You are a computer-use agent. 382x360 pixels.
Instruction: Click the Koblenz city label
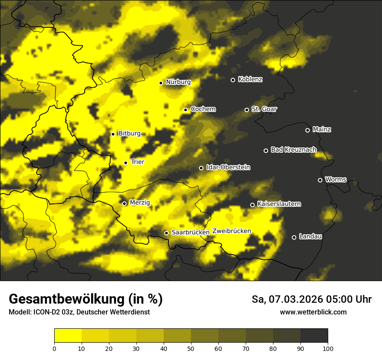point(250,79)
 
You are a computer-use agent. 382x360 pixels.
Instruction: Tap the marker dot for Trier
point(126,163)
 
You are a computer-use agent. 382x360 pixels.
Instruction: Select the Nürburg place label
point(178,82)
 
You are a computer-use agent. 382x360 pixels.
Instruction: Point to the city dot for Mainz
point(307,130)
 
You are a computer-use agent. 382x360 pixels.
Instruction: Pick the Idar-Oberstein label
point(228,167)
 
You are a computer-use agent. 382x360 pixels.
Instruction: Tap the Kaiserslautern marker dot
point(252,205)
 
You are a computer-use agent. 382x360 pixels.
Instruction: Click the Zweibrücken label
point(231,231)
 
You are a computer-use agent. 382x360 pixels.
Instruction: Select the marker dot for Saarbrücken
point(166,233)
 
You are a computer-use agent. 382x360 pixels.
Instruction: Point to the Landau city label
point(310,236)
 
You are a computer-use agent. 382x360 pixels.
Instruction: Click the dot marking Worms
point(320,180)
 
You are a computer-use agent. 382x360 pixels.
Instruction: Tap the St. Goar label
point(264,109)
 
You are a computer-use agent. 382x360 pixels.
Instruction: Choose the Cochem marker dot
point(185,110)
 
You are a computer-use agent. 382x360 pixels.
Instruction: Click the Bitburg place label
point(129,134)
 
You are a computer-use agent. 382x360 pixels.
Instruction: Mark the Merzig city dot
point(124,203)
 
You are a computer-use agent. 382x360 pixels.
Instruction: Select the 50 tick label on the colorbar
point(191,348)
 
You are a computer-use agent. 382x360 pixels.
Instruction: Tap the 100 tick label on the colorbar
point(328,348)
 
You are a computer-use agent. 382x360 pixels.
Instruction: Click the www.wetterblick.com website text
point(313,312)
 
